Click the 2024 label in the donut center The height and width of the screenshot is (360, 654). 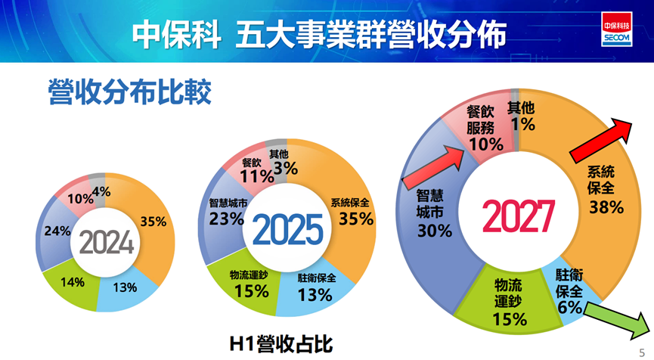(x=107, y=243)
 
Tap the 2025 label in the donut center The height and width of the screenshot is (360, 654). (x=287, y=229)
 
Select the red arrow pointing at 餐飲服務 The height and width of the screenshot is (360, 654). (x=433, y=166)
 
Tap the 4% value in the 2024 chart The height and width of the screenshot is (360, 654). (x=101, y=192)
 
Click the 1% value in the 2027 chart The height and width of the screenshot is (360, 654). (x=522, y=123)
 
